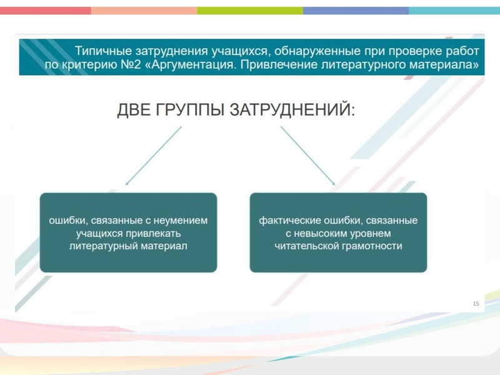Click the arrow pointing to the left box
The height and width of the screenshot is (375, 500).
click(154, 156)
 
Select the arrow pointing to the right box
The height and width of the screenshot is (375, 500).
click(307, 156)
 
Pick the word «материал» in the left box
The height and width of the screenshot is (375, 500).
click(164, 246)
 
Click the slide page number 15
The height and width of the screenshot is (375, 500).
click(476, 304)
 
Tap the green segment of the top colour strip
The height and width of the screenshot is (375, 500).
click(250, 11)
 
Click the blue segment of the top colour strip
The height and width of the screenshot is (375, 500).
click(356, 11)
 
